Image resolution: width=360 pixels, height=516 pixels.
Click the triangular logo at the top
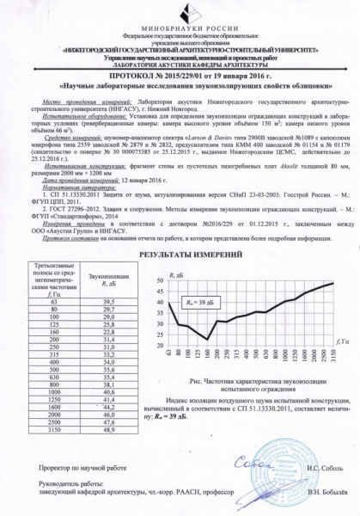[x=180, y=15]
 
